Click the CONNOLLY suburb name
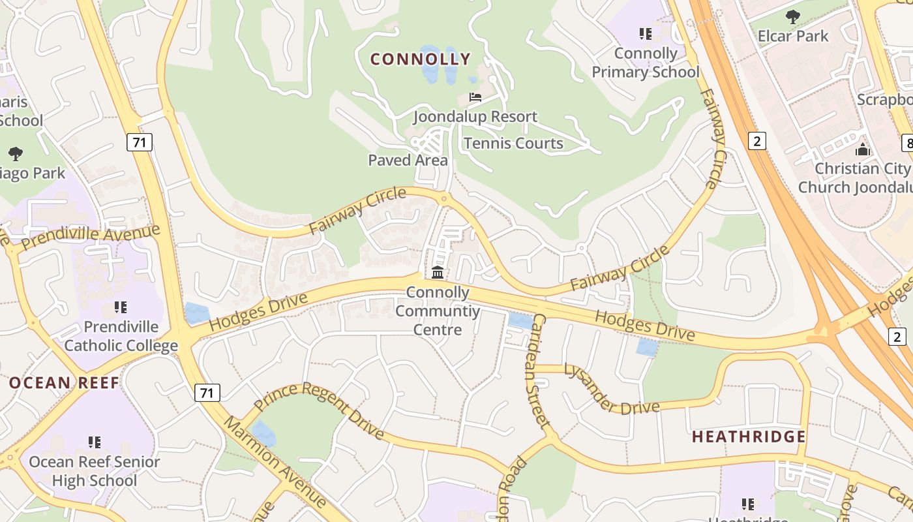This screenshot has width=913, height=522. click(x=420, y=59)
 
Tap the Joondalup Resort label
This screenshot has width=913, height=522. click(x=475, y=117)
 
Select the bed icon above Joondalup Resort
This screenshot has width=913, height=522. click(x=475, y=97)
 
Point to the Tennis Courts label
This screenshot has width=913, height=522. click(x=513, y=144)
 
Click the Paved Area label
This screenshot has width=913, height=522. click(x=408, y=161)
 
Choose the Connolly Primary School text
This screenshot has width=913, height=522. click(x=646, y=63)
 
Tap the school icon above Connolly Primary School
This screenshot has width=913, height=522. click(x=646, y=33)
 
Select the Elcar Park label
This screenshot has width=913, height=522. click(x=793, y=36)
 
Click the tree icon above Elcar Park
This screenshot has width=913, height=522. click(x=793, y=16)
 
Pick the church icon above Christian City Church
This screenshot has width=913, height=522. click(x=863, y=149)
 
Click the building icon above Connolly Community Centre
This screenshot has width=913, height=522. click(x=438, y=272)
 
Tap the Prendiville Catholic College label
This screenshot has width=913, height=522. click(x=121, y=335)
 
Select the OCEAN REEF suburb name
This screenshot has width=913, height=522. click(x=64, y=383)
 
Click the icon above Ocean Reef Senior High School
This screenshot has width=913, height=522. click(x=95, y=442)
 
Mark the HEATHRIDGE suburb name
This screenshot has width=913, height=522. click(x=749, y=437)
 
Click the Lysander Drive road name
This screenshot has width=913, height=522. click(x=611, y=390)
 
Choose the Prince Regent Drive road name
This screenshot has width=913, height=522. click(x=319, y=409)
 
